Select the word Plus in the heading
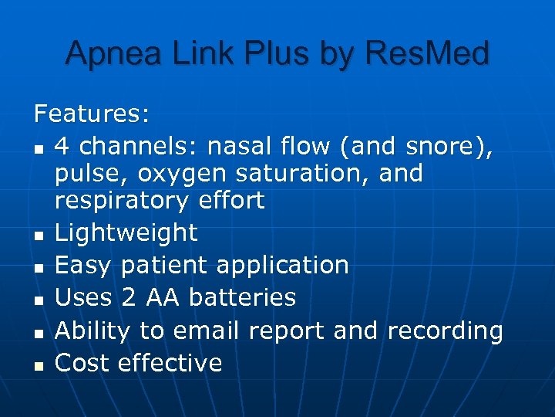[x=268, y=54]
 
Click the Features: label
[x=92, y=114]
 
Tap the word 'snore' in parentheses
[x=446, y=145]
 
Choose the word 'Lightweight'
[x=126, y=232]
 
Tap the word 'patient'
[x=163, y=265]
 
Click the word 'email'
[x=207, y=331]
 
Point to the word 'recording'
[x=445, y=331]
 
